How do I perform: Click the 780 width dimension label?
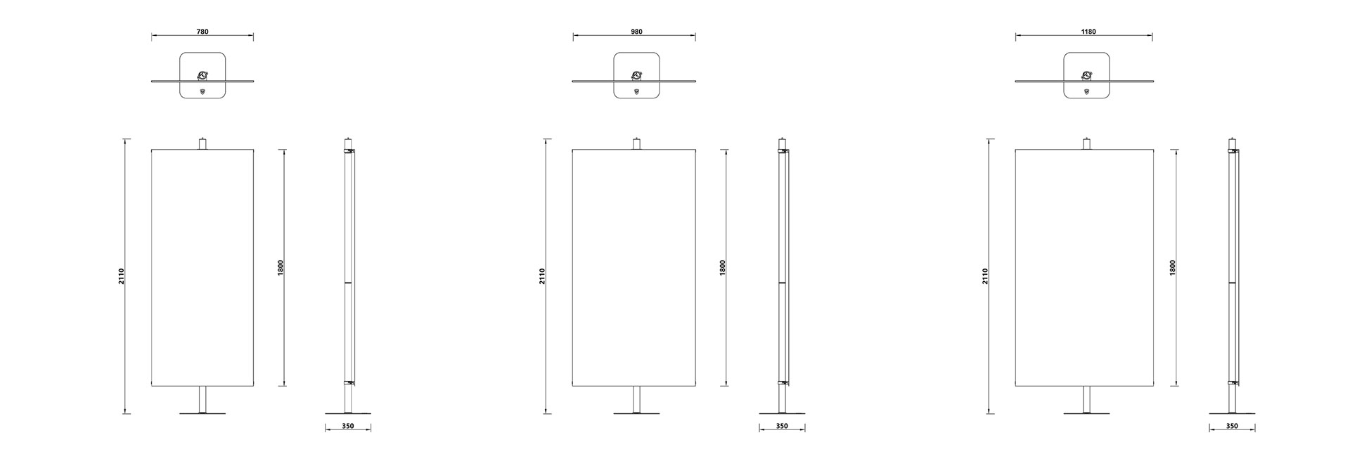point(202,32)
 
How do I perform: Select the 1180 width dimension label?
point(1088,32)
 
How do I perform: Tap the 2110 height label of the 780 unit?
point(121,276)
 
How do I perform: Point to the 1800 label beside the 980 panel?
point(723,268)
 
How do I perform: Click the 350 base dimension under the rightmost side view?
point(1232,426)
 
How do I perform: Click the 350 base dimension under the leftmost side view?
point(348,426)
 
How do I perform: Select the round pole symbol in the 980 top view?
point(637,75)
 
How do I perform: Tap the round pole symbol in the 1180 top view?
point(1087,75)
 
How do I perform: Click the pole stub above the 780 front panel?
point(202,143)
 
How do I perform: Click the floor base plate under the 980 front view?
point(637,413)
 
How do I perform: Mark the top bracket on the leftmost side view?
point(348,150)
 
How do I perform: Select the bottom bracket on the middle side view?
point(782,383)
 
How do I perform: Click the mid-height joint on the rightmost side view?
point(1232,283)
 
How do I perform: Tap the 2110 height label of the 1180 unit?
point(985,276)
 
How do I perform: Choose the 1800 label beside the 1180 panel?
point(1173,268)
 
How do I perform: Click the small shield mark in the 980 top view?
point(637,91)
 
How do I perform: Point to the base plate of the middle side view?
point(782,413)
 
